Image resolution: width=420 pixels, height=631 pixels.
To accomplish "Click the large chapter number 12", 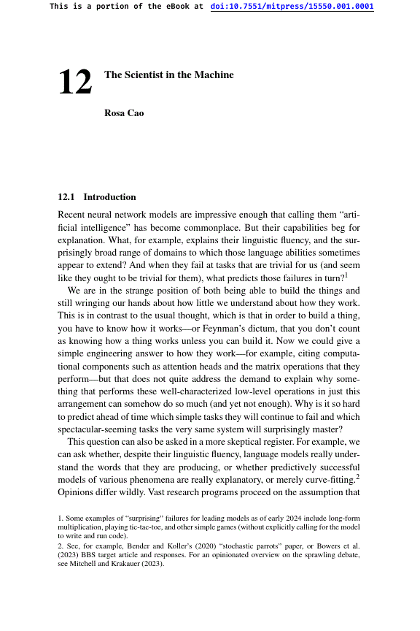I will (x=75, y=83).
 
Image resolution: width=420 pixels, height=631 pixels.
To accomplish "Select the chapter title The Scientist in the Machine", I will (x=168, y=75).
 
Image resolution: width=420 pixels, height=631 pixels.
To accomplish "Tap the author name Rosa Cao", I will (x=124, y=113).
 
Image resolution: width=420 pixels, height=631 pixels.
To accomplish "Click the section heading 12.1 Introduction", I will (x=96, y=197).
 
